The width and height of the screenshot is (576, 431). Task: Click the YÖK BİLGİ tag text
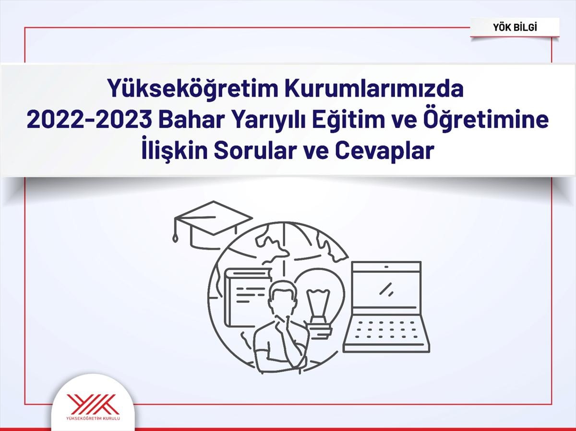(x=515, y=27)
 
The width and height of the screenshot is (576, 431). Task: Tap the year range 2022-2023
(x=90, y=120)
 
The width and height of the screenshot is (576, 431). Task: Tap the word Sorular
(x=254, y=151)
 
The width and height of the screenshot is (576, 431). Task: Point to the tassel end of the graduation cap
(x=175, y=239)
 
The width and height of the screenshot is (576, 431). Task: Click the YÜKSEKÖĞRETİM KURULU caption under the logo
(x=94, y=418)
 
